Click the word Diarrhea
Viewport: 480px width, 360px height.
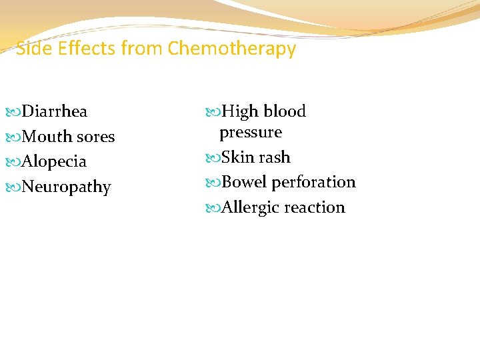55,111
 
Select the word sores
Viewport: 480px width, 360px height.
95,137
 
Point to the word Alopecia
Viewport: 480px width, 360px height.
54,162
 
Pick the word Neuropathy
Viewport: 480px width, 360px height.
66,187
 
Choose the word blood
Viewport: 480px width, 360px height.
284,111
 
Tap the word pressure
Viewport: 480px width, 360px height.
251,132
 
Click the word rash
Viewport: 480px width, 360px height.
275,157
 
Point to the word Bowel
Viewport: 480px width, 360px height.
244,182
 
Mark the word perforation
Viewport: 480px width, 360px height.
313,182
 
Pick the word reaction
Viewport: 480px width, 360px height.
315,207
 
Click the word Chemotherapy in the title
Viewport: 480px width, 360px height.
232,49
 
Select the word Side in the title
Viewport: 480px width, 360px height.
31,49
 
